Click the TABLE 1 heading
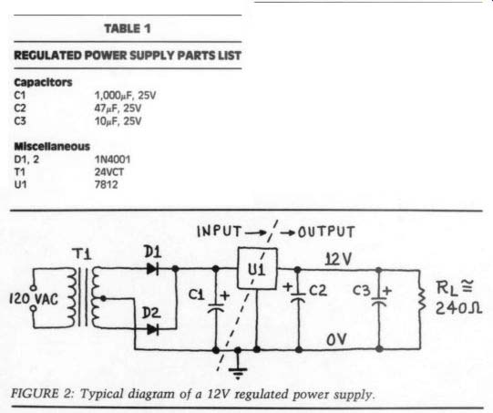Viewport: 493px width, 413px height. coord(128,28)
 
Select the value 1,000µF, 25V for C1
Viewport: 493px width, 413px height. coord(125,95)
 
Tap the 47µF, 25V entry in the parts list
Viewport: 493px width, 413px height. coord(118,108)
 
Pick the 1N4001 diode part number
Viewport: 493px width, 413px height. coord(112,160)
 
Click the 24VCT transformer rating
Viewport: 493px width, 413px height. coord(109,172)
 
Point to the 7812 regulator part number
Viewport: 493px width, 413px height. coord(106,184)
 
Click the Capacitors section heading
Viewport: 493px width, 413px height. coord(43,82)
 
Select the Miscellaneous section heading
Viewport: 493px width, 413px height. coord(52,146)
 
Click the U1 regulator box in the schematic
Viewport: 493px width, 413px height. coord(257,268)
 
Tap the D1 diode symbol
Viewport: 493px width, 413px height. coord(153,269)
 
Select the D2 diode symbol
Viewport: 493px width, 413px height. coord(153,329)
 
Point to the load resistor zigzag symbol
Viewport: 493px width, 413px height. coord(421,299)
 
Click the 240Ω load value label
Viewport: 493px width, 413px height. coord(458,308)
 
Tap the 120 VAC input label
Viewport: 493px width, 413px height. coord(34,299)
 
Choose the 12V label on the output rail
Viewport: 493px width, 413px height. coord(338,259)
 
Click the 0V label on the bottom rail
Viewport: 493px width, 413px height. coord(336,339)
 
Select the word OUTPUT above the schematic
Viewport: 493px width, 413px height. coord(326,232)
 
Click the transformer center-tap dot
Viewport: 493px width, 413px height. coord(103,298)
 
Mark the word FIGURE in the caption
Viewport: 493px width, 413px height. coord(35,394)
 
